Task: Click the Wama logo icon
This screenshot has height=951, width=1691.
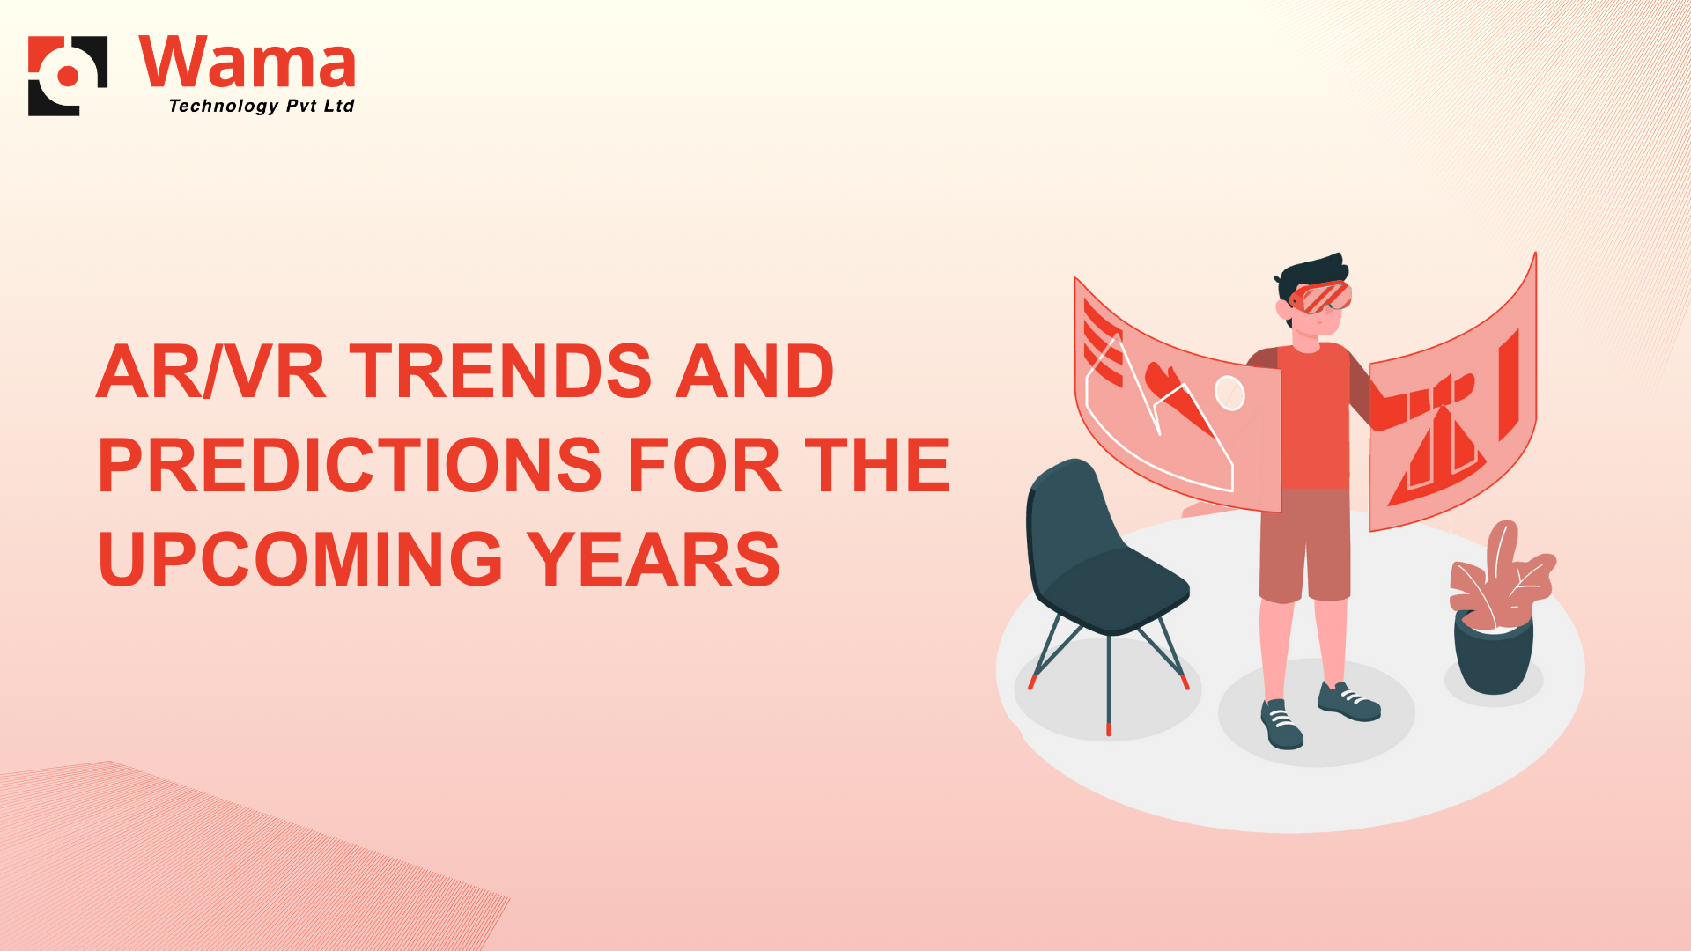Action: coord(68,76)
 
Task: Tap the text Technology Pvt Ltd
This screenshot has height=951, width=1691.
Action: coord(262,106)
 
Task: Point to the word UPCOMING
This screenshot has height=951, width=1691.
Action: coord(300,559)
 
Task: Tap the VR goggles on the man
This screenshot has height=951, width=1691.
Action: coord(1322,297)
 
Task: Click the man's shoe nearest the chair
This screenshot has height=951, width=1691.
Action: coord(1281,723)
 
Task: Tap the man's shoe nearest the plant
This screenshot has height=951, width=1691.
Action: coord(1348,701)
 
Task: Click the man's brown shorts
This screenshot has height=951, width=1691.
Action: coord(1305,544)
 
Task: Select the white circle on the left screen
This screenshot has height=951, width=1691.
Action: coord(1229,393)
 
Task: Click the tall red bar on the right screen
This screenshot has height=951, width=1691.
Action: coord(1509,385)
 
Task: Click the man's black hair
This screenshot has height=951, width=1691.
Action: coord(1312,274)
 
